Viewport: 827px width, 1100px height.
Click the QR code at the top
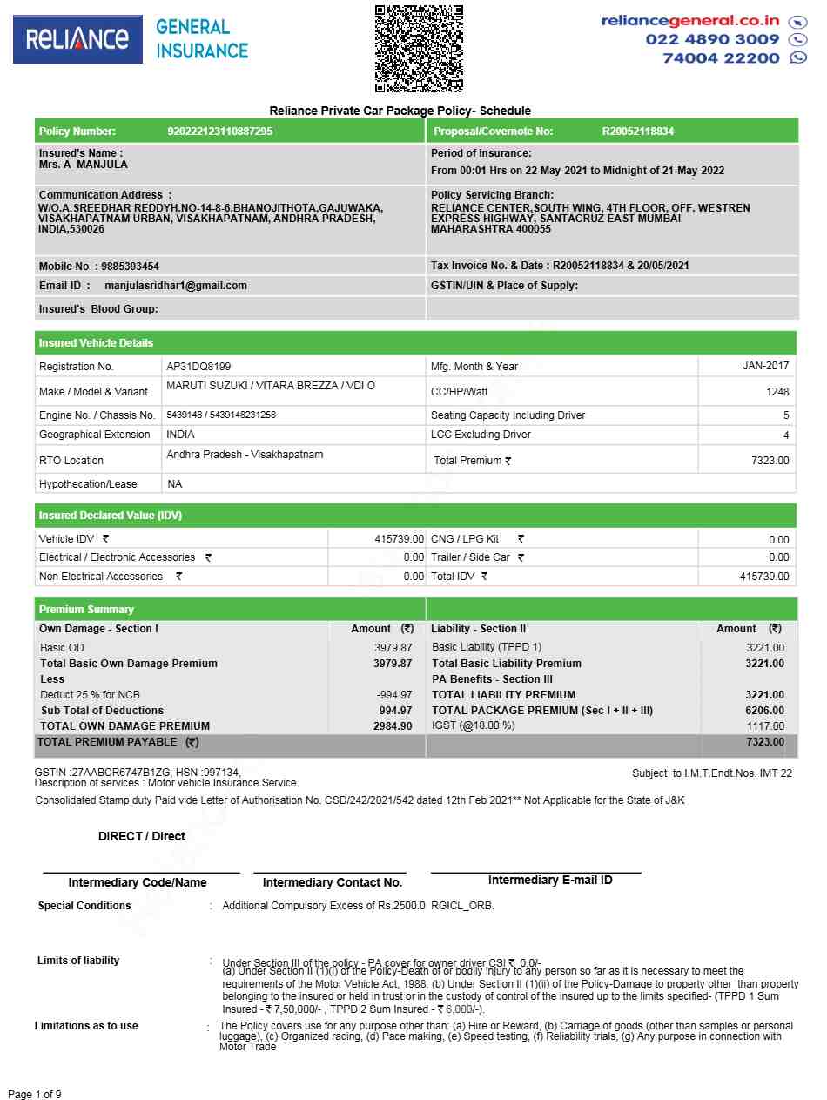click(419, 49)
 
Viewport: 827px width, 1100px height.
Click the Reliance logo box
click(77, 39)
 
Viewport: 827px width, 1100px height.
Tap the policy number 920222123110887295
click(219, 132)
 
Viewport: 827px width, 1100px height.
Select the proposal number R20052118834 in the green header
click(638, 132)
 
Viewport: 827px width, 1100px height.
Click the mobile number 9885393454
click(130, 267)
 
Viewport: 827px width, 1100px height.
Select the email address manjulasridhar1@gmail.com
click(176, 286)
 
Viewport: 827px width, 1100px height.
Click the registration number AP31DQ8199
click(198, 367)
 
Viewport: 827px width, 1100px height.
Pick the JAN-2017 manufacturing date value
click(765, 367)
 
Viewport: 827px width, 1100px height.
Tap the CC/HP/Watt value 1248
click(777, 392)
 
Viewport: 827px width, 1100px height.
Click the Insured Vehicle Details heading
click(96, 343)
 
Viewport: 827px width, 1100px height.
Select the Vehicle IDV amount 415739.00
click(399, 540)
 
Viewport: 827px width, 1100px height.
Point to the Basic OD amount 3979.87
click(393, 648)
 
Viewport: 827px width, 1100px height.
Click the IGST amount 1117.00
click(765, 726)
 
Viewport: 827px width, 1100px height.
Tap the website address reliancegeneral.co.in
click(690, 21)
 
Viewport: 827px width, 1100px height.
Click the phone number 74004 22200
click(721, 58)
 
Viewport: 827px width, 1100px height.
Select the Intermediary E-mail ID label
click(550, 881)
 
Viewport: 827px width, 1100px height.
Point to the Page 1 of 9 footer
click(34, 1094)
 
